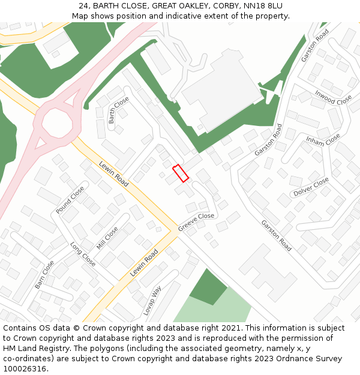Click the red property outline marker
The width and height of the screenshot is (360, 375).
click(181, 173)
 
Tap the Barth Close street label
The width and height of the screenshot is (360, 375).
click(119, 110)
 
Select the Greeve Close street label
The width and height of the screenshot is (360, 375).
click(196, 222)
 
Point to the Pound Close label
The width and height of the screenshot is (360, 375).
click(70, 200)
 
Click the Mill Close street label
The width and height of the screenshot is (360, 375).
click(107, 238)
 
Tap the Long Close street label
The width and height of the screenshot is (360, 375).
click(83, 254)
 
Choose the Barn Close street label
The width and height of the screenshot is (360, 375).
click(44, 274)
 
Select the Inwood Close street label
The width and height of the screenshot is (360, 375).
click(333, 97)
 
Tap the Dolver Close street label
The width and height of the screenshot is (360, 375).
click(311, 187)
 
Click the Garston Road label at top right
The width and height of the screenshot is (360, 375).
click(315, 46)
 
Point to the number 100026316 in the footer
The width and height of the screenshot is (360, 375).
click(25, 369)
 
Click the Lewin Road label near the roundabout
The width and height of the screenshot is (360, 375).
click(114, 173)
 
